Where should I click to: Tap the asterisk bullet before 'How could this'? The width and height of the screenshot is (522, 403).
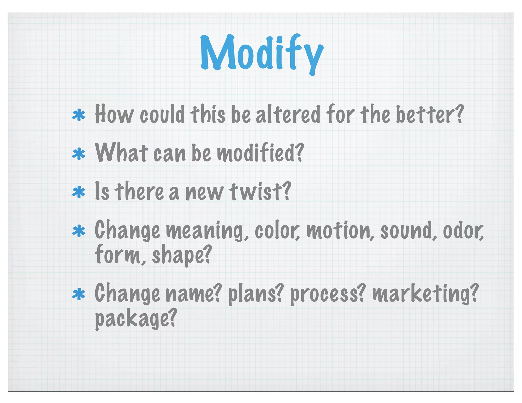[x=79, y=115]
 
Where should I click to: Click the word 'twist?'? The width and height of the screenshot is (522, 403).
[x=260, y=192]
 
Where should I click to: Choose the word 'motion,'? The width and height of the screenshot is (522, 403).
[x=340, y=231]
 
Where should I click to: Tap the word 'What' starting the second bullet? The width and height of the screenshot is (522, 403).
[x=121, y=153]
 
